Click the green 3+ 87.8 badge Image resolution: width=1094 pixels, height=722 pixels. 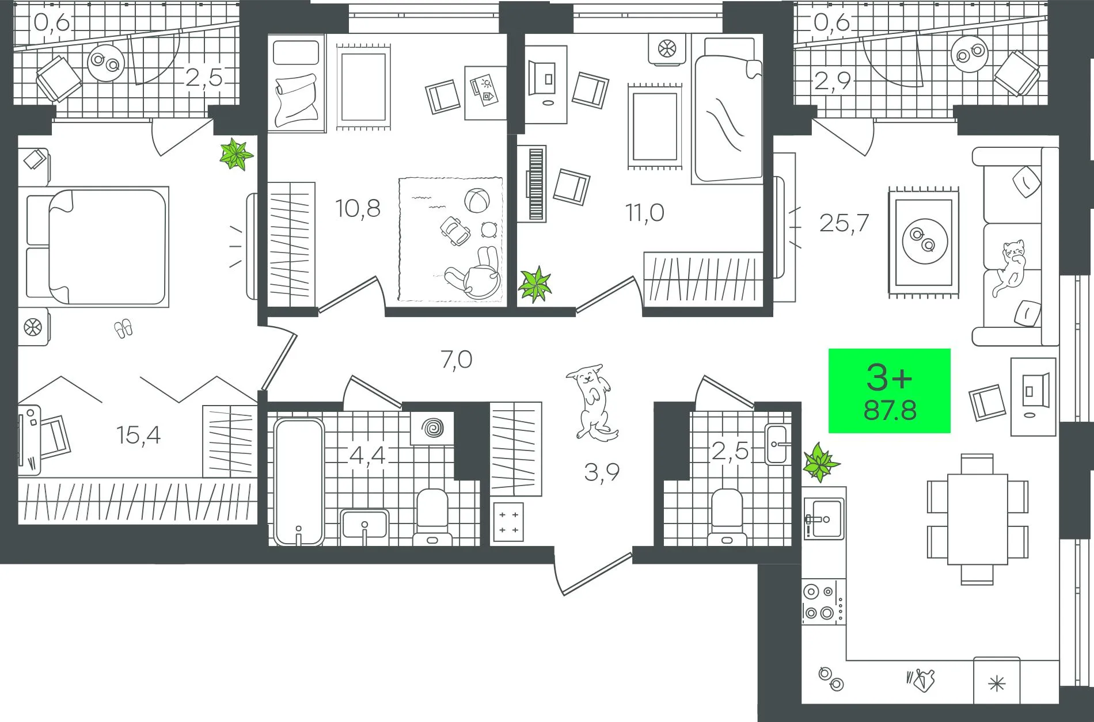tap(889, 391)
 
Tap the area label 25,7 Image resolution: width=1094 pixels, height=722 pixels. tap(844, 222)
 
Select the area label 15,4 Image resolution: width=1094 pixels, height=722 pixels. tap(138, 436)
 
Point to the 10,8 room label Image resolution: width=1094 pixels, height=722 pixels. tap(358, 208)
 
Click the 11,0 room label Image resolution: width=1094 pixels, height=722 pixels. tap(645, 213)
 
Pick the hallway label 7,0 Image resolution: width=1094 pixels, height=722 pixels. tap(456, 360)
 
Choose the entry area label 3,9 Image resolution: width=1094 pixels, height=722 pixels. tap(602, 473)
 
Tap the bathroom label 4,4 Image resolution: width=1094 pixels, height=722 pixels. tap(367, 456)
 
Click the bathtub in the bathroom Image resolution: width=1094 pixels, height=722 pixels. tap(298, 482)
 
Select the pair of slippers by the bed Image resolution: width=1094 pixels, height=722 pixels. tap(124, 329)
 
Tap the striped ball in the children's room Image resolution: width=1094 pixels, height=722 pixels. tap(478, 201)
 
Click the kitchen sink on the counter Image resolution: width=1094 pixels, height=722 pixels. tap(825, 518)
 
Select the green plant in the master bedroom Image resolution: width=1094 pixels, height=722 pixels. tap(236, 154)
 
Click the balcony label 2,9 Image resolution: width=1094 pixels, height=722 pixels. tap(832, 81)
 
